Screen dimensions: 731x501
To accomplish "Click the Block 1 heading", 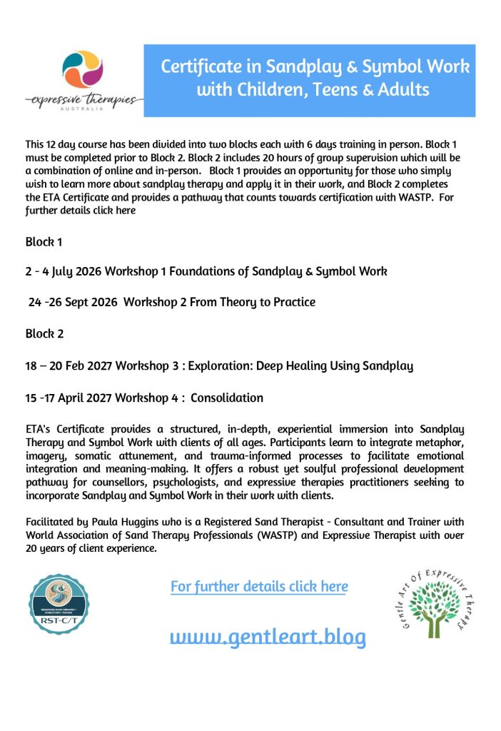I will point(44,242).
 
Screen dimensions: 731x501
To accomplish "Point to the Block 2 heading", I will point(44,333).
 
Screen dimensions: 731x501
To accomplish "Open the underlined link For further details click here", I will point(259,586).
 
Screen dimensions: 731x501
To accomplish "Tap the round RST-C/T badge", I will point(59,605).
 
